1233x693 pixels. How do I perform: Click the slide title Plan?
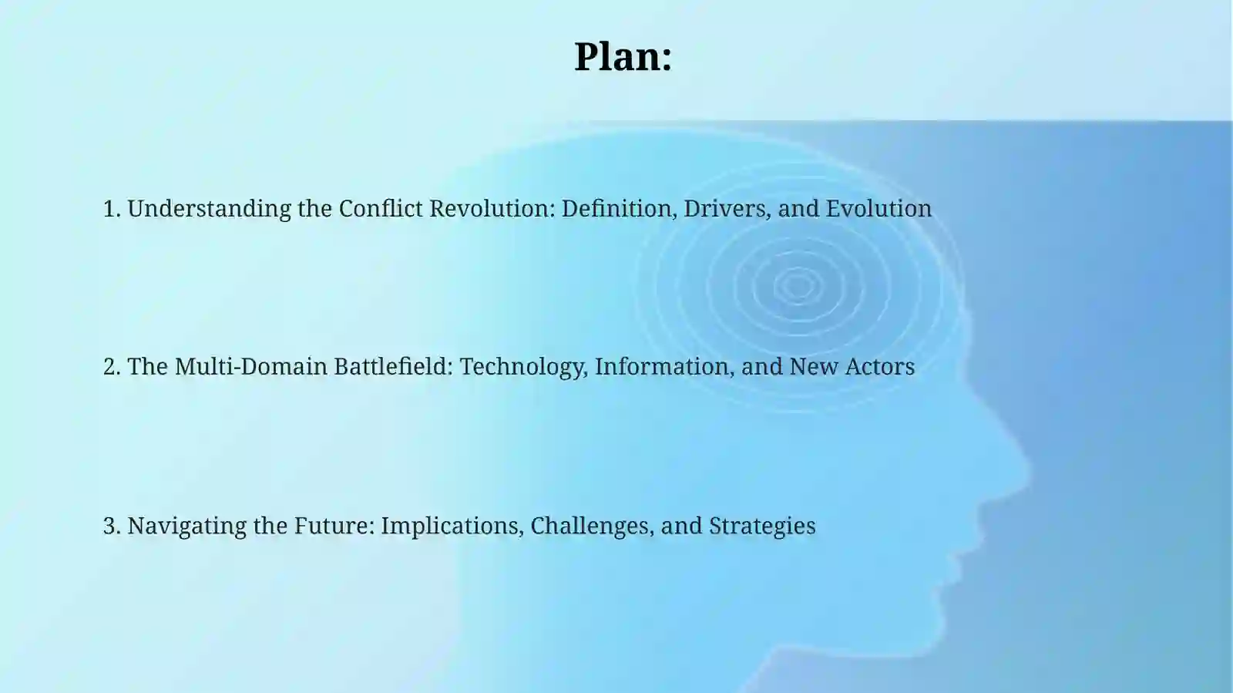pos(623,57)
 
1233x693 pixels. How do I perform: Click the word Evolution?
pos(879,209)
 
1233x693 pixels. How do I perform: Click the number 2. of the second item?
pos(113,366)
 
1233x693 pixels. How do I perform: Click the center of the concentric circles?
pos(798,286)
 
